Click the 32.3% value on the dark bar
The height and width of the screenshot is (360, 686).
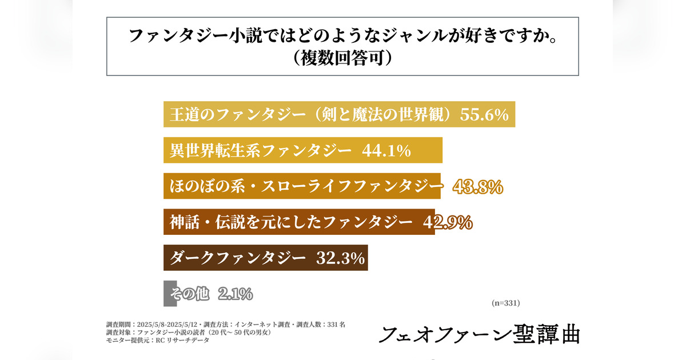pos(341,258)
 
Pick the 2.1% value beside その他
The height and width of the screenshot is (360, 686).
pos(235,294)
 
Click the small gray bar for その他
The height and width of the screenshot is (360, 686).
pos(166,294)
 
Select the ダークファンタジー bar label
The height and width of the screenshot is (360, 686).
pos(237,258)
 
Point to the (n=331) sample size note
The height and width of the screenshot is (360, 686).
pos(505,303)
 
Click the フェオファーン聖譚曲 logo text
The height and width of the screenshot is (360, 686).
pos(479,334)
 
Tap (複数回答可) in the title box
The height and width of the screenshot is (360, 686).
pos(343,58)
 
